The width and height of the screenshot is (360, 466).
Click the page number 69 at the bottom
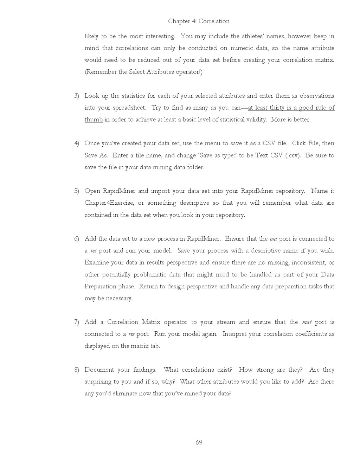tap(199, 442)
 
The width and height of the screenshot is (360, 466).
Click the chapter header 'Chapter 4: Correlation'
tap(199, 21)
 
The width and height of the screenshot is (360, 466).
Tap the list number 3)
tap(76, 96)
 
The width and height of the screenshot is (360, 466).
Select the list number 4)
tap(76, 143)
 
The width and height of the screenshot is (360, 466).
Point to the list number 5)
tap(76, 191)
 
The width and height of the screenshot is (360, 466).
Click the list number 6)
tap(76, 239)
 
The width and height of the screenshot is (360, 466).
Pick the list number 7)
tap(76, 322)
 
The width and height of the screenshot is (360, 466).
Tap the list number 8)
tap(76, 370)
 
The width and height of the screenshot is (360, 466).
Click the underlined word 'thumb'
tap(94, 120)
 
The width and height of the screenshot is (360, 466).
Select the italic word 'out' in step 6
tap(273, 239)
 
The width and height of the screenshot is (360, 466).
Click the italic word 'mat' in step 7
tap(307, 322)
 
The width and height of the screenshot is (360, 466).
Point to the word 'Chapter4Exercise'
tap(109, 203)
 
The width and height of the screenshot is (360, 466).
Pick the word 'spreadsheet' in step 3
tap(129, 108)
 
